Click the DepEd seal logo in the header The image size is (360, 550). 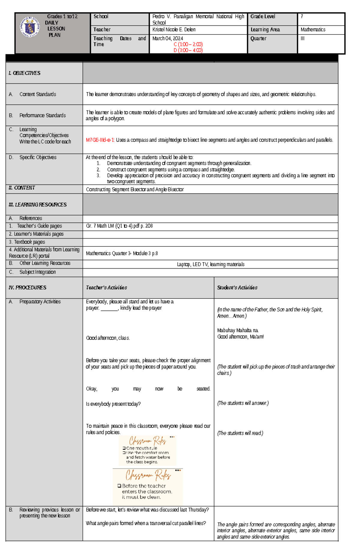click(x=29, y=27)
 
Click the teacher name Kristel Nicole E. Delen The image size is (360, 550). click(x=174, y=30)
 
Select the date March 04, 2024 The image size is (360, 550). click(x=167, y=38)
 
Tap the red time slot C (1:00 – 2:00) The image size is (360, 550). click(x=188, y=44)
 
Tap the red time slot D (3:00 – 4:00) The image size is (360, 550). click(x=188, y=50)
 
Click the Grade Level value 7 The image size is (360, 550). click(x=302, y=17)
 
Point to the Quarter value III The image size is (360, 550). click(x=302, y=39)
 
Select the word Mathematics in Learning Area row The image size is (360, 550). click(x=313, y=30)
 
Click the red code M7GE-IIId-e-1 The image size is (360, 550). click(x=100, y=140)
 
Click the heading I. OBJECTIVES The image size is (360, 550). click(x=24, y=73)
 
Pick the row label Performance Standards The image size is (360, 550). click(x=42, y=115)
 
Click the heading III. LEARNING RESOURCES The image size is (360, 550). click(x=37, y=205)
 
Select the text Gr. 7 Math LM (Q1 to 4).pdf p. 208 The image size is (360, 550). click(x=119, y=226)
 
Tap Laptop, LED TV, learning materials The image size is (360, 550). click(x=210, y=264)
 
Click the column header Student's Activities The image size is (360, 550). click(x=237, y=288)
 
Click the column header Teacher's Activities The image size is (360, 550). click(x=106, y=288)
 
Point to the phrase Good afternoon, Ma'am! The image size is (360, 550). click(x=240, y=337)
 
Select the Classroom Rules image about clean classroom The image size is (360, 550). click(x=148, y=486)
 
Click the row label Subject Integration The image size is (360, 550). click(x=37, y=272)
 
